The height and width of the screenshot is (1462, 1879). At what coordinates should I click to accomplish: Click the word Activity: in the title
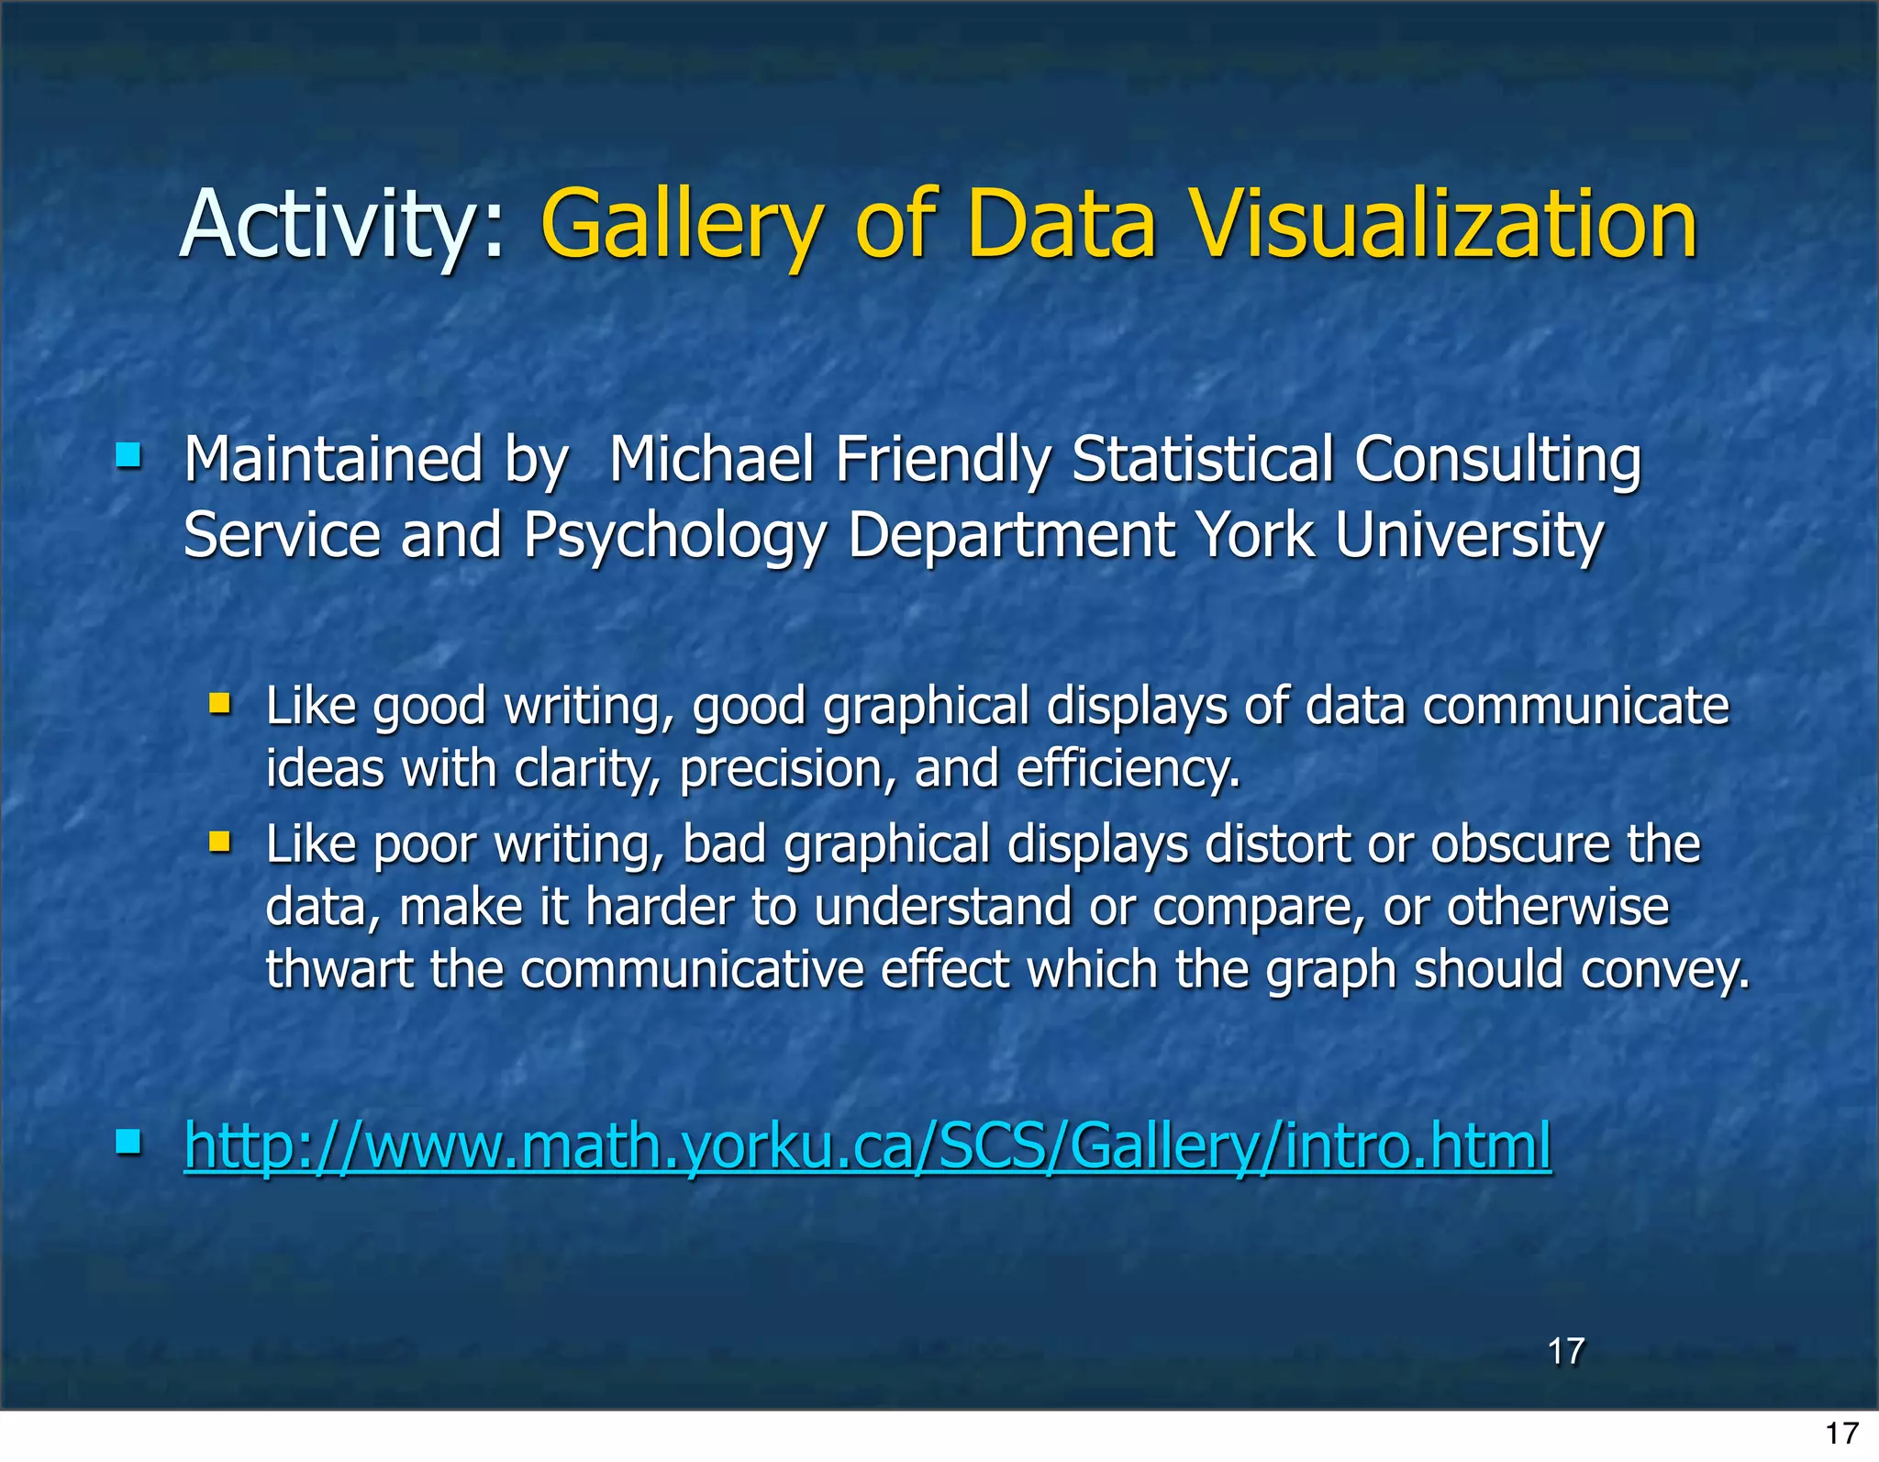[x=341, y=225]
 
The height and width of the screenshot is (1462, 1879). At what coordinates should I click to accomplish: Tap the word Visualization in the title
[x=1444, y=225]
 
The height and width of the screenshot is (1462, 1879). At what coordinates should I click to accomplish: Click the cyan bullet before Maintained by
[x=128, y=455]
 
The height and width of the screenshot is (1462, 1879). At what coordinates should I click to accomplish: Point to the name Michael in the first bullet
[x=711, y=459]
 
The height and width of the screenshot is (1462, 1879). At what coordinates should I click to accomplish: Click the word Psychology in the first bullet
[x=674, y=536]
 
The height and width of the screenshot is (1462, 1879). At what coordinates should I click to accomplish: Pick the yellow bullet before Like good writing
[x=219, y=704]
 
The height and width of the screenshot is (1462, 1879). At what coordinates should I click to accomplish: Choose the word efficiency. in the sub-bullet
[x=1128, y=769]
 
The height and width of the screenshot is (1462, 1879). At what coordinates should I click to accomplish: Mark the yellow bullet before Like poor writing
[x=219, y=842]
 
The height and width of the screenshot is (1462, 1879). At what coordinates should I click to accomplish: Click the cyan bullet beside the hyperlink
[x=128, y=1143]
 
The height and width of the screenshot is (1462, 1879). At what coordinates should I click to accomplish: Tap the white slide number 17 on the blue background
[x=1565, y=1351]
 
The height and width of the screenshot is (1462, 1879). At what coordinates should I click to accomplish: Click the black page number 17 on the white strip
[x=1841, y=1434]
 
